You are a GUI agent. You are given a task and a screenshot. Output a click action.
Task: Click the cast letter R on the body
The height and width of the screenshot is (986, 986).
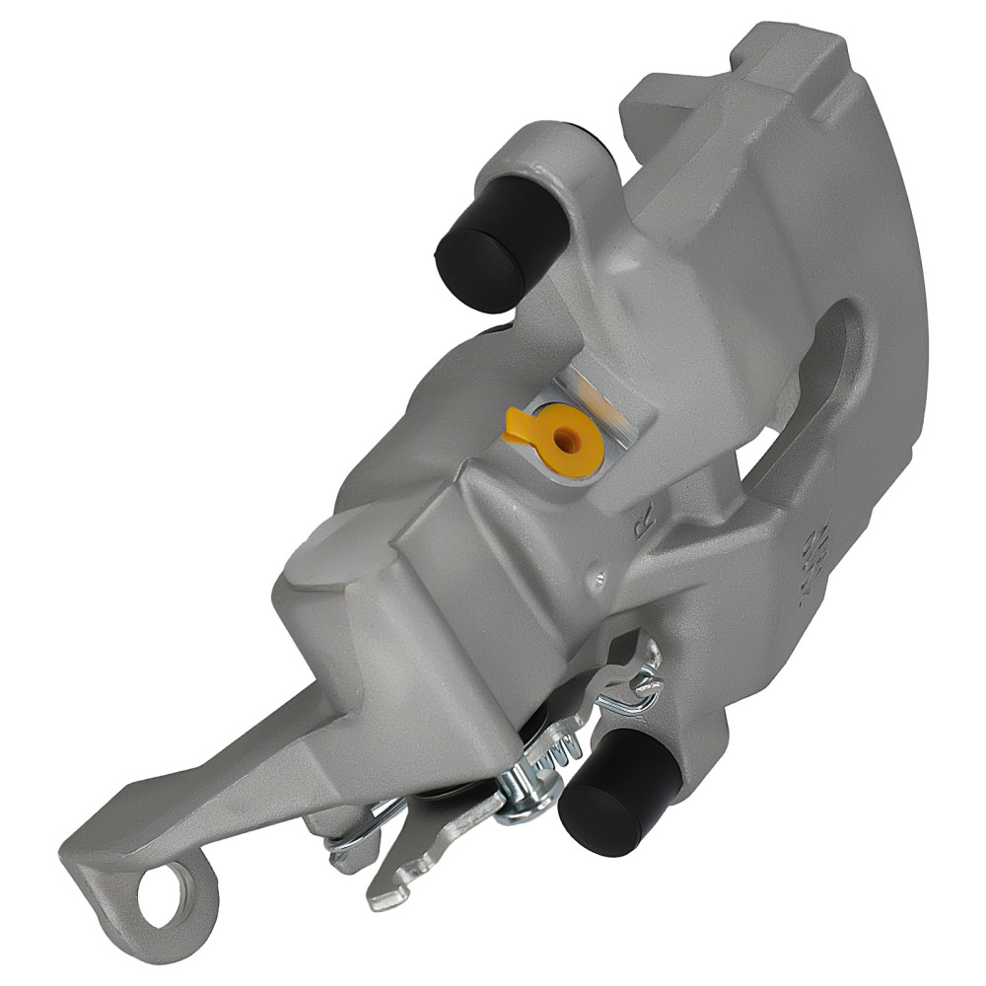click(x=644, y=529)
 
